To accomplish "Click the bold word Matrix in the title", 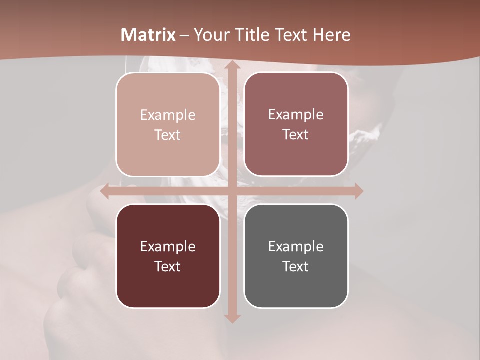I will pos(148,35).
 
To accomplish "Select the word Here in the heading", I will pos(332,35).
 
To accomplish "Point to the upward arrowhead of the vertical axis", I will pos(232,65).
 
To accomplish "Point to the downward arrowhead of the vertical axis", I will pos(232,318).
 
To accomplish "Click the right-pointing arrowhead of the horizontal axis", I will pos(358,191).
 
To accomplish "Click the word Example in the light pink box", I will pos(168,115).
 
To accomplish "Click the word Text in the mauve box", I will pos(296,135).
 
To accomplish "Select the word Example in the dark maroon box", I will pos(168,247).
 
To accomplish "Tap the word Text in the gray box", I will pos(296,267).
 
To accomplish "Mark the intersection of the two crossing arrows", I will pos(232,191).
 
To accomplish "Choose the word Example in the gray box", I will pos(296,247).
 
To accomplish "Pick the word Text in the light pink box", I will pos(168,135).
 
